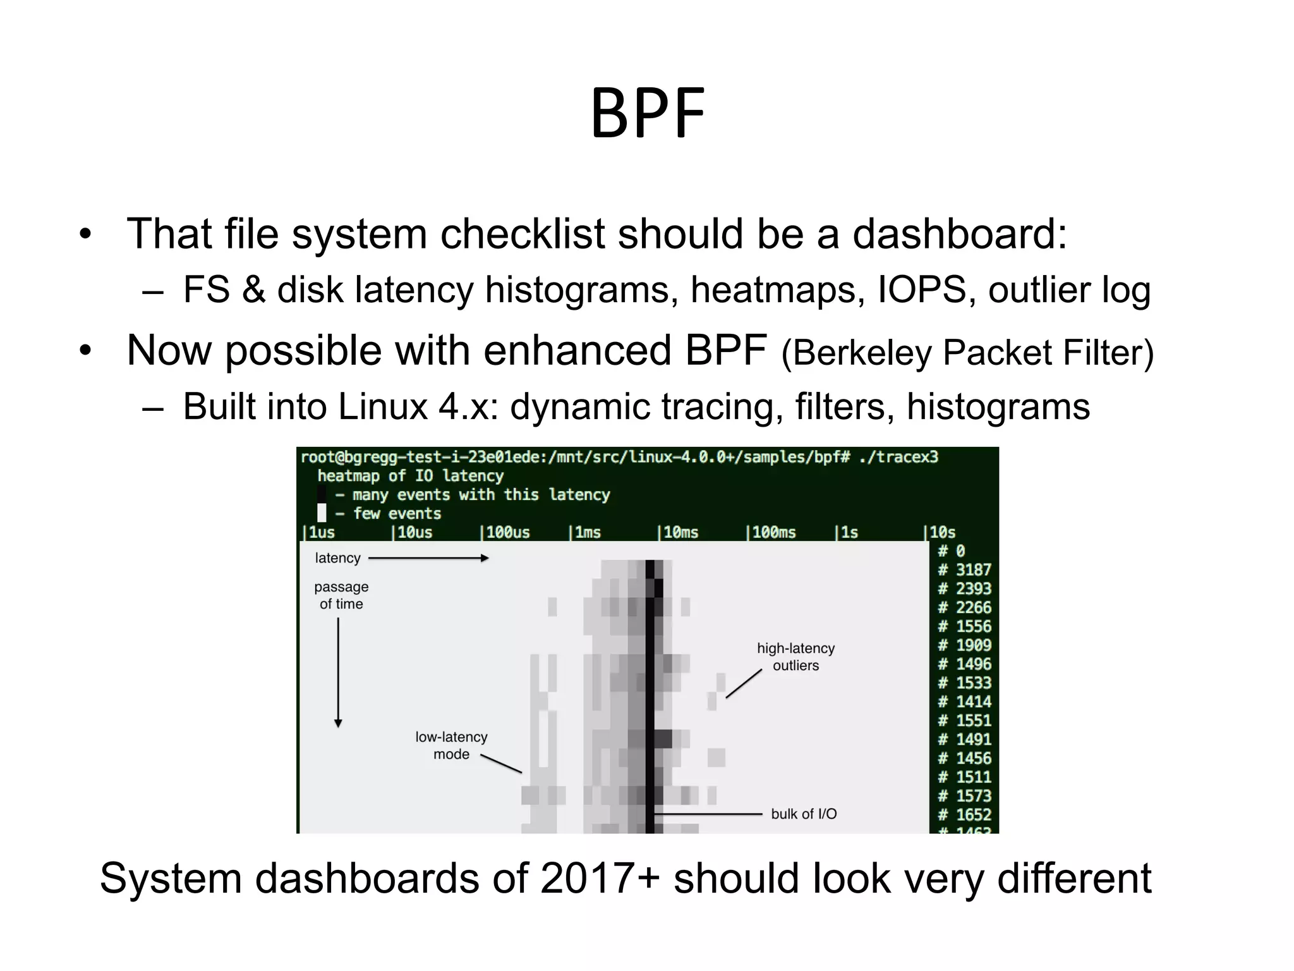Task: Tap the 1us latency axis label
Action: [320, 532]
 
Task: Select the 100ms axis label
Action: [773, 532]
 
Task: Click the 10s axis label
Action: [941, 532]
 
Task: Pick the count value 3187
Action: [973, 570]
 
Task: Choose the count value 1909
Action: [973, 645]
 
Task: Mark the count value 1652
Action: [973, 814]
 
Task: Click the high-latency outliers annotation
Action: [795, 657]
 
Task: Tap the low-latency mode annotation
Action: [451, 745]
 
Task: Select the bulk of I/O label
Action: [804, 814]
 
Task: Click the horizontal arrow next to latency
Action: [428, 558]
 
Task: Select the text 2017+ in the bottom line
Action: [600, 878]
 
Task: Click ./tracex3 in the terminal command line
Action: [899, 457]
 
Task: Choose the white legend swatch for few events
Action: [322, 513]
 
